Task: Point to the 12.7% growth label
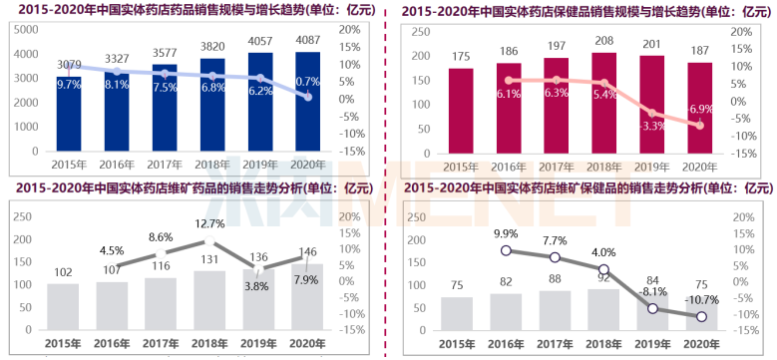(209, 223)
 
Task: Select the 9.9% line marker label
(509, 232)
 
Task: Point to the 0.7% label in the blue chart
(308, 82)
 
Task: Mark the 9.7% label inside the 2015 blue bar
(69, 85)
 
